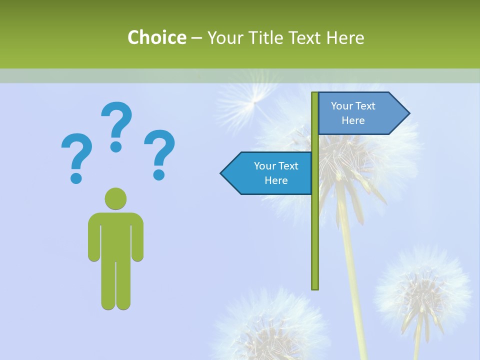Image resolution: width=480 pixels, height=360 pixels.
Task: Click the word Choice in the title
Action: [x=156, y=37]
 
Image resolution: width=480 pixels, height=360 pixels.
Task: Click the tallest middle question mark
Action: [x=116, y=125]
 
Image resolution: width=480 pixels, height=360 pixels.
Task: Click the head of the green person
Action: [x=115, y=198]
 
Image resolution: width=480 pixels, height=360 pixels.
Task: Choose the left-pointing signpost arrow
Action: [x=270, y=173]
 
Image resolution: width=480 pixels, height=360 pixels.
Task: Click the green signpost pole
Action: [x=314, y=225]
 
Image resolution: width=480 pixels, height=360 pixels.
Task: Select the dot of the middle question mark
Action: [x=116, y=146]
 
